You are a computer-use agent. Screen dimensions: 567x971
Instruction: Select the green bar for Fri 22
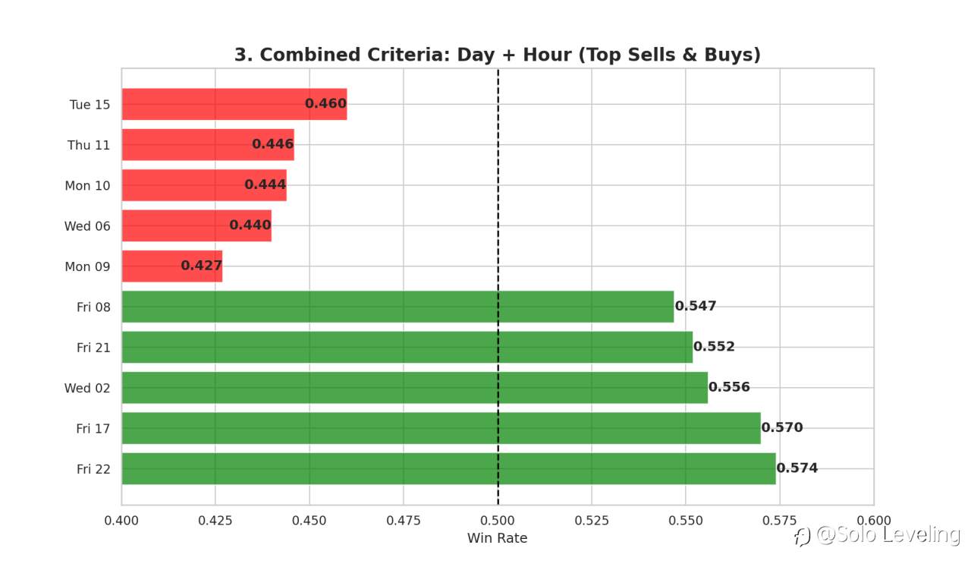448,469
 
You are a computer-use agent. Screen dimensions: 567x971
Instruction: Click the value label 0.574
797,468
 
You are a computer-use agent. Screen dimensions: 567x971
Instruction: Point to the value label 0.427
201,266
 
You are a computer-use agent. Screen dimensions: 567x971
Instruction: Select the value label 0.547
696,307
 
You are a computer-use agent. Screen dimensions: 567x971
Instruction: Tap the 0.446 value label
272,144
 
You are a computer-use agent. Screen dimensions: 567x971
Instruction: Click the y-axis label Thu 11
89,145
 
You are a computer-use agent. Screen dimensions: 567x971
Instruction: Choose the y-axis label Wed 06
87,226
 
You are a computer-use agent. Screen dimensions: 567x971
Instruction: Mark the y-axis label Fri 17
93,429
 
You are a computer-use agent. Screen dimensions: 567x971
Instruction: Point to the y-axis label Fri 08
93,307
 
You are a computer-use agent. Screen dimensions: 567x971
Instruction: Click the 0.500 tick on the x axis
498,521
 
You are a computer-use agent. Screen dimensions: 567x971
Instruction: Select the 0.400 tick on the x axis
121,521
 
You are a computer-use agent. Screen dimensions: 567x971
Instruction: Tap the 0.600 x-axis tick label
873,521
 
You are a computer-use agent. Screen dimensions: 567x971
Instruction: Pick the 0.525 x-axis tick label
592,521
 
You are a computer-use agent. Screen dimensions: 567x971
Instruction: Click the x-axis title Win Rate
497,538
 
